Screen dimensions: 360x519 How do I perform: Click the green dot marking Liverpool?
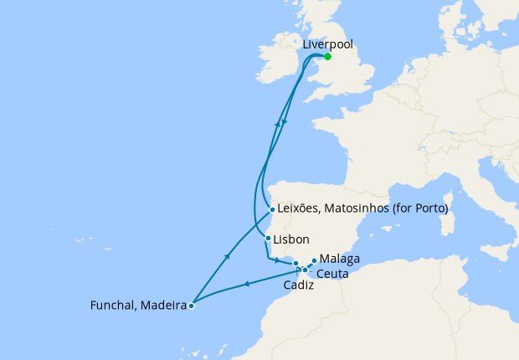327,57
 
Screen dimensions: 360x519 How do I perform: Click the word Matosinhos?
357,208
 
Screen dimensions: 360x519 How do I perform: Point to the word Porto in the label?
429,208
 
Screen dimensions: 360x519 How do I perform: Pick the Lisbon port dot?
268,239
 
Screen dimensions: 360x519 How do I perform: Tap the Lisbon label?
292,239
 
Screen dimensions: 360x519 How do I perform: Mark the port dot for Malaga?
314,260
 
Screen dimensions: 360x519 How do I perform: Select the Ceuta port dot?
305,270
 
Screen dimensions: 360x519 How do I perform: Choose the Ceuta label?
332,274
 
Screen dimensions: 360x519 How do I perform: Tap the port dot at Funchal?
192,306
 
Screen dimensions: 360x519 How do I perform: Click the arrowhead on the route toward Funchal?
246,286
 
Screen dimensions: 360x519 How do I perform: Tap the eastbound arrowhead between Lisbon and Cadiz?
277,261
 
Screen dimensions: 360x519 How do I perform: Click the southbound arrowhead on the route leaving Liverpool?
285,122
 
